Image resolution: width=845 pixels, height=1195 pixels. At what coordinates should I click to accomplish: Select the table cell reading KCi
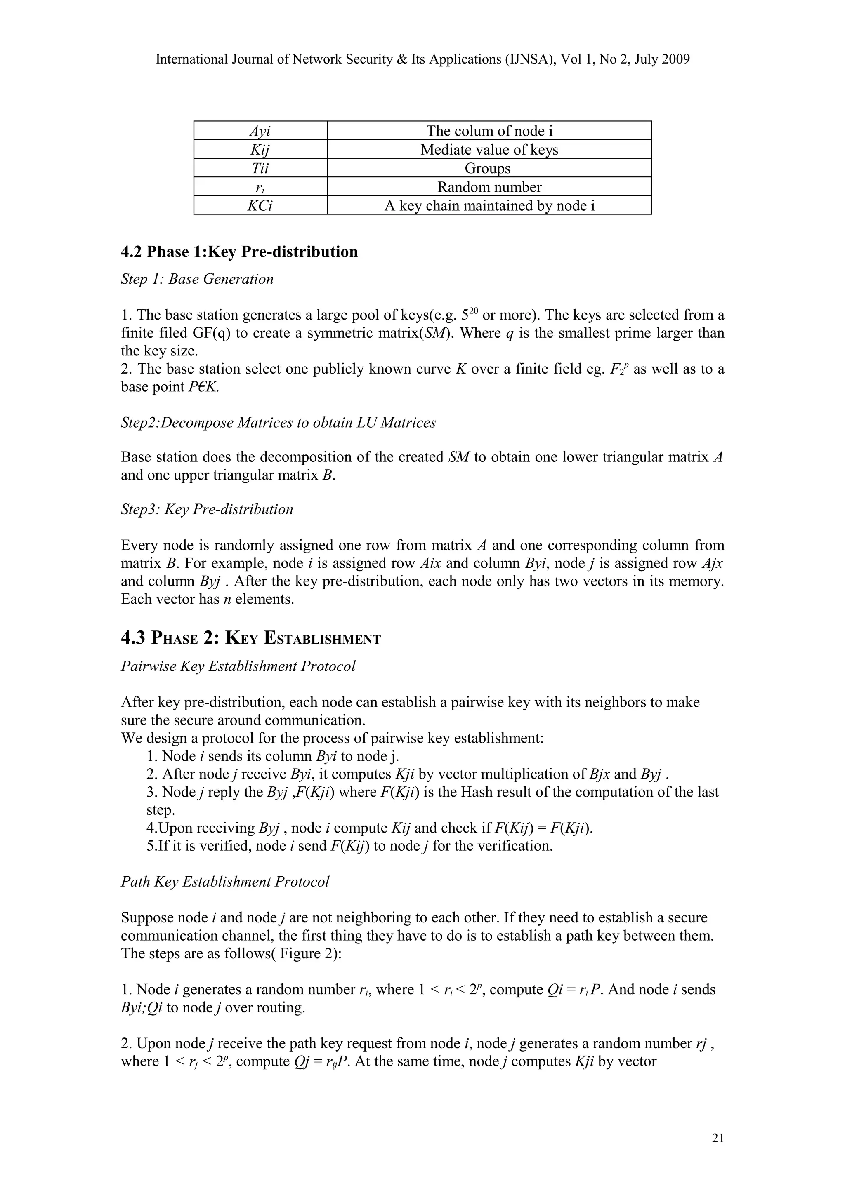coord(260,206)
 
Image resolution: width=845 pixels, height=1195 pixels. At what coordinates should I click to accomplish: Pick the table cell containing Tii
coord(260,168)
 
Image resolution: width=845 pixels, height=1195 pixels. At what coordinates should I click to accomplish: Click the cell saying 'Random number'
coord(489,187)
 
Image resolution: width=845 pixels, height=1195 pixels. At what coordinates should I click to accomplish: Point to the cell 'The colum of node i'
coord(489,131)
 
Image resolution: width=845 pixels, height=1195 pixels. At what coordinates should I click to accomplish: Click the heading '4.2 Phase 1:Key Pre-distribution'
coord(239,252)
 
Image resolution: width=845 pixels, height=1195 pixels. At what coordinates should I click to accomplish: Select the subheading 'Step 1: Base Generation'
coord(197,279)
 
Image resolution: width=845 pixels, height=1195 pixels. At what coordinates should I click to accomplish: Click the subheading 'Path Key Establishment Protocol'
coord(225,881)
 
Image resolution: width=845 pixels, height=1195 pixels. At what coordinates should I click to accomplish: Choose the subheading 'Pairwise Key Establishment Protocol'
coord(238,666)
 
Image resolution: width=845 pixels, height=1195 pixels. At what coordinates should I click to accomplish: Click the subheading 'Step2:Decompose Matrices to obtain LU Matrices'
coord(278,422)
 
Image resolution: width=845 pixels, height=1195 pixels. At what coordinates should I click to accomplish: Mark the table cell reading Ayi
coord(260,131)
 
